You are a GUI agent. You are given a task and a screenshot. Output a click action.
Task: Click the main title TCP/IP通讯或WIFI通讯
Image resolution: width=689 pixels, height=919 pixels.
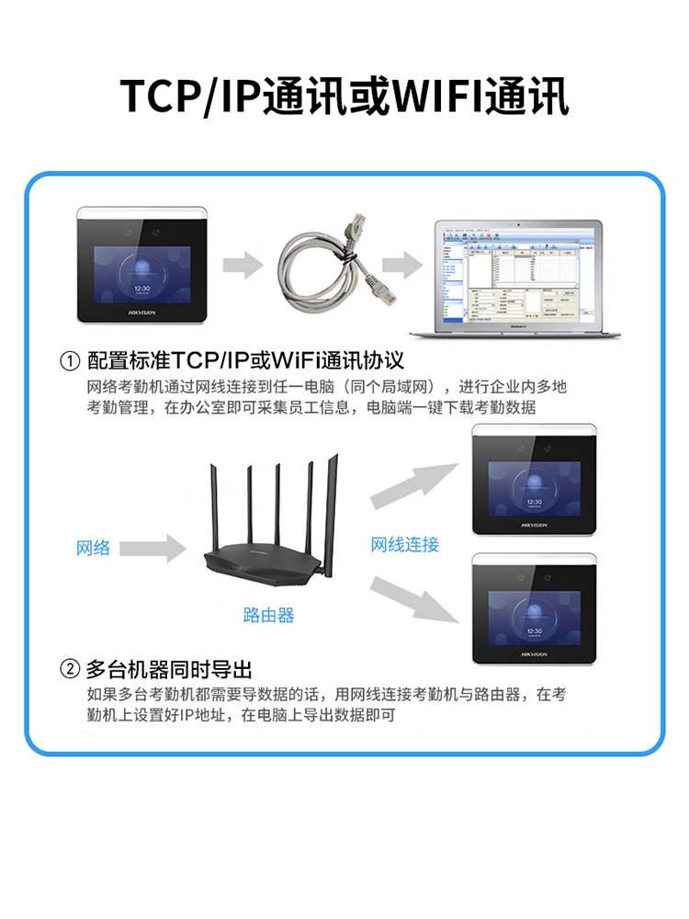point(344,96)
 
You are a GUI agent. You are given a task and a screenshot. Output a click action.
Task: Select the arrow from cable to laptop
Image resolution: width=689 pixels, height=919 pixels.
point(401,267)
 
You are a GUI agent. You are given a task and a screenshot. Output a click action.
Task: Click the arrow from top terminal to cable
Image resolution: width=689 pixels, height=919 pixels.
point(242,267)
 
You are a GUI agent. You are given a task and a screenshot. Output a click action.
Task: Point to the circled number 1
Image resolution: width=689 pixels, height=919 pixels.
point(69,360)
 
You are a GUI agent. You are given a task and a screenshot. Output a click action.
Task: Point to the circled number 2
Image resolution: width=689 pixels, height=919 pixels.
point(69,668)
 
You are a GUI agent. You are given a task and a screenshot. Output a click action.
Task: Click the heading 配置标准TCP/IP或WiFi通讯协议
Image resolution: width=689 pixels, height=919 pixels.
point(245,360)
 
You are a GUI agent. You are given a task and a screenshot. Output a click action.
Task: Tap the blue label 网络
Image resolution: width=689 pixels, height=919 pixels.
point(93,548)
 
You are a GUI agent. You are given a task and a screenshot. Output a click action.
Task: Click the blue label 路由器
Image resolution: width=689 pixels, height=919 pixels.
point(268,615)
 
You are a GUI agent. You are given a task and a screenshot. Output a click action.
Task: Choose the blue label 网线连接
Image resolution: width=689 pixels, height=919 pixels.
point(404,544)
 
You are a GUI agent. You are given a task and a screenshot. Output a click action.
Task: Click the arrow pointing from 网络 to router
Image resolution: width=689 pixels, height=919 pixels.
point(152,549)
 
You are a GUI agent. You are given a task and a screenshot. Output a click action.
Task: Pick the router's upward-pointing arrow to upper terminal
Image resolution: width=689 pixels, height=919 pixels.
point(413,485)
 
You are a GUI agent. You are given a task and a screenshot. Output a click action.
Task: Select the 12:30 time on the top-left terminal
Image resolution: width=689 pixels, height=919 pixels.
point(141,288)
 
